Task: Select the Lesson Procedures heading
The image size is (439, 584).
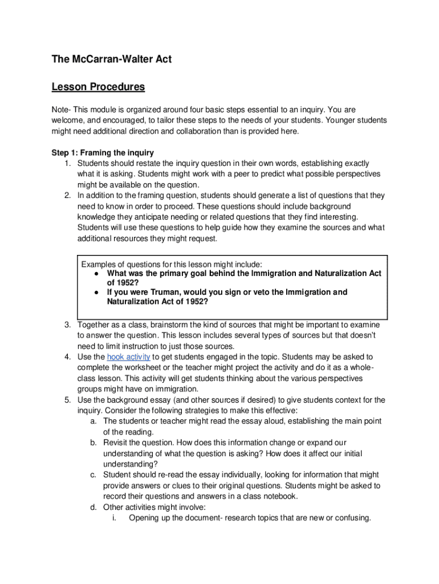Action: (x=98, y=87)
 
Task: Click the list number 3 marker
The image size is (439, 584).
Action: (x=67, y=325)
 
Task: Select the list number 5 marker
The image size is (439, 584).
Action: (x=67, y=400)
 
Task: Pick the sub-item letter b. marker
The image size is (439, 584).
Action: (x=93, y=443)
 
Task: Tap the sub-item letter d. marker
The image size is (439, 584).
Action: (x=93, y=507)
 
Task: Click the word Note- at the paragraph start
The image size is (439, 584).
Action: (x=63, y=109)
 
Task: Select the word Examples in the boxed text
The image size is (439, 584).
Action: (x=99, y=265)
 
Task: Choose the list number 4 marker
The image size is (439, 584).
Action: (x=67, y=357)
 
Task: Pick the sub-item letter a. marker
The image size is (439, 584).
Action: (x=93, y=421)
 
